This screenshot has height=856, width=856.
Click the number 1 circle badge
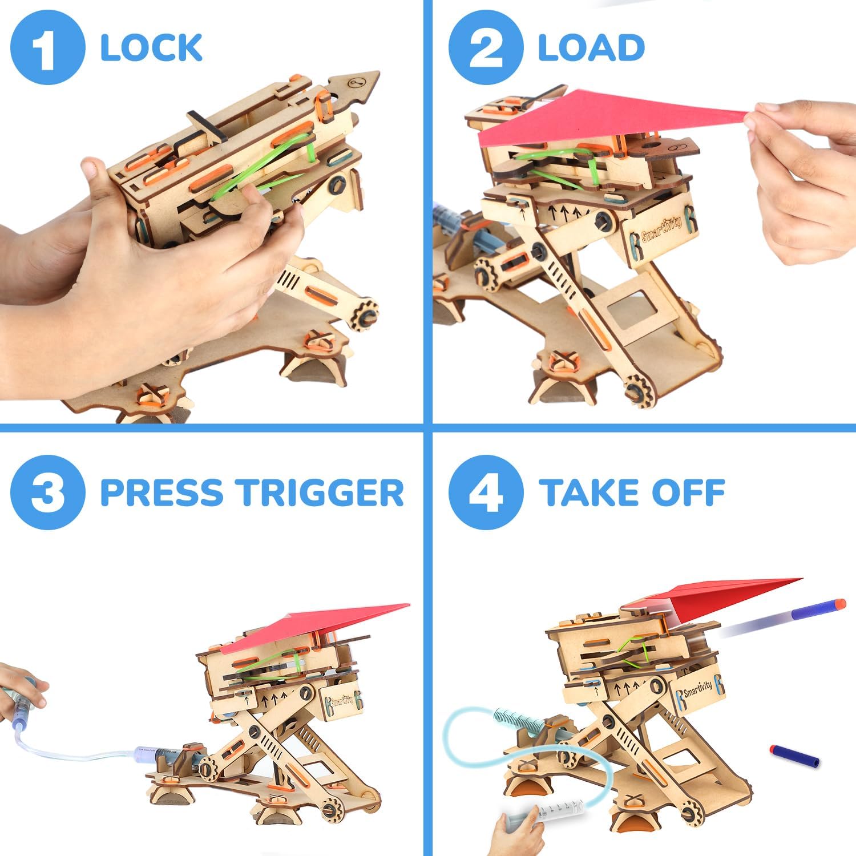pyautogui.click(x=47, y=48)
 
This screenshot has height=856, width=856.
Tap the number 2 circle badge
pyautogui.click(x=486, y=48)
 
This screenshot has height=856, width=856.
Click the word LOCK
pyautogui.click(x=151, y=48)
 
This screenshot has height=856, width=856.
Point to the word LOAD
pyautogui.click(x=591, y=48)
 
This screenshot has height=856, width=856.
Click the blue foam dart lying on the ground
pyautogui.click(x=794, y=756)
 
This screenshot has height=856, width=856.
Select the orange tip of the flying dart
pyautogui.click(x=838, y=603)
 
